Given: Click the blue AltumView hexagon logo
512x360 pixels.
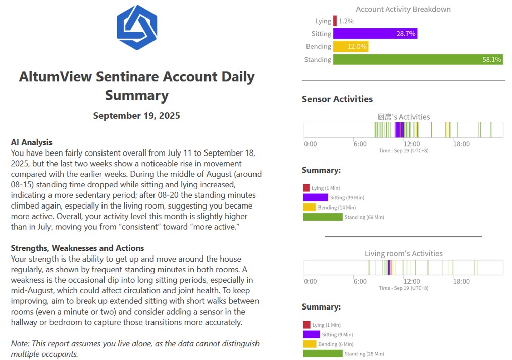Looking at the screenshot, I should coord(137,28).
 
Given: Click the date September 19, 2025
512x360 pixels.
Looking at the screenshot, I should coord(136,116).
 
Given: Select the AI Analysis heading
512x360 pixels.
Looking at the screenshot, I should coord(32,142).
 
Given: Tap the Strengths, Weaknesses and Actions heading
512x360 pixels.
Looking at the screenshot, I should coord(77,248).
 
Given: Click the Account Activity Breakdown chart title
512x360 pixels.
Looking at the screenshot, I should coord(403,9).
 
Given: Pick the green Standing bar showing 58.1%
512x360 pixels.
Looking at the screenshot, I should coord(418,59).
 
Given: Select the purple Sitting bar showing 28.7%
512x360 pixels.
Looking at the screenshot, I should coord(375,34).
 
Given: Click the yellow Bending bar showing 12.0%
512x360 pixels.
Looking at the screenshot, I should coord(350,46).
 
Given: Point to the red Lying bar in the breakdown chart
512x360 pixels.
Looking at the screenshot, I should coord(335,21).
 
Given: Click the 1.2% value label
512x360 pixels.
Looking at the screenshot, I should coord(346,21).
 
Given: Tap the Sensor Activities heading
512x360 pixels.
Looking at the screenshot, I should coord(337,99).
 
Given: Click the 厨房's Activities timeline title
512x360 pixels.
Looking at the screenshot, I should coord(403,117).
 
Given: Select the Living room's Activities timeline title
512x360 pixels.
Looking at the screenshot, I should coord(403,253).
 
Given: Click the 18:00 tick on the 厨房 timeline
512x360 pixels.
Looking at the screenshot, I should coord(462,144).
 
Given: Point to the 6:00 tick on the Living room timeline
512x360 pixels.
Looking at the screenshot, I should coord(360,281).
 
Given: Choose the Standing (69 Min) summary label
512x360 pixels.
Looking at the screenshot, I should coord(364,217).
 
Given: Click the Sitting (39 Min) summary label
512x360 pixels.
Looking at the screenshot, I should coord(347,198).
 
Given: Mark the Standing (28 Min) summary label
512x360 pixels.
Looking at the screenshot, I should coord(364,354).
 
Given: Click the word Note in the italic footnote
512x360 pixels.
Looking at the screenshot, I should coord(20,344).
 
